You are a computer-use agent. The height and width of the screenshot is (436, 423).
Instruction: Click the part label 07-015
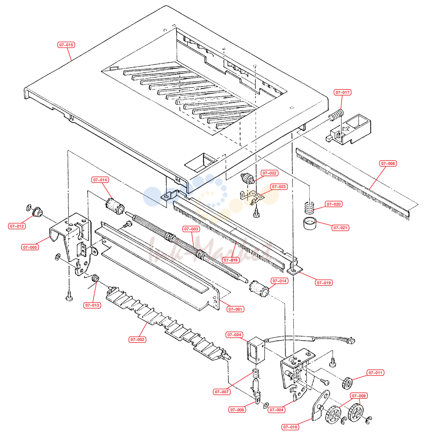(x=66, y=45)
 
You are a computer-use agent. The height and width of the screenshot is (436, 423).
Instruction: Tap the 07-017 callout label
(x=342, y=92)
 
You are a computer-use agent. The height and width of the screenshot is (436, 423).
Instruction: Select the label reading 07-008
(x=388, y=164)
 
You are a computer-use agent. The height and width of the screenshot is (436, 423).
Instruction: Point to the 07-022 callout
(x=269, y=173)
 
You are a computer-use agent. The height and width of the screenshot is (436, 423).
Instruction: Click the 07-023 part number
(x=279, y=186)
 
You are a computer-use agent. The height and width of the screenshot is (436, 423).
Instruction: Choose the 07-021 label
(x=340, y=228)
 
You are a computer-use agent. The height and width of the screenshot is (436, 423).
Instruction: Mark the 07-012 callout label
(x=17, y=226)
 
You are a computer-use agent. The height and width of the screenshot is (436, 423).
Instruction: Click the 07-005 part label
(x=30, y=247)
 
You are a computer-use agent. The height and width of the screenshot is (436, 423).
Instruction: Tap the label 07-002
(x=137, y=339)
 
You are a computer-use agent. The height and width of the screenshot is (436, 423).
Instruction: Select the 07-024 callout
(x=234, y=335)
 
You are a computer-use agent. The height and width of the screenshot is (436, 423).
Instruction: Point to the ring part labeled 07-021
(x=310, y=223)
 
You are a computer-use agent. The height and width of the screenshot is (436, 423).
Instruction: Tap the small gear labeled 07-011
(x=347, y=383)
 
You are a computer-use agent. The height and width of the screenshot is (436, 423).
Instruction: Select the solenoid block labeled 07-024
(x=256, y=350)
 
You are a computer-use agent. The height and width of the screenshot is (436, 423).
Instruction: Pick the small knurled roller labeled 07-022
(x=247, y=178)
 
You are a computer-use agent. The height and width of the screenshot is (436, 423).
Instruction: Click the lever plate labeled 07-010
(x=320, y=405)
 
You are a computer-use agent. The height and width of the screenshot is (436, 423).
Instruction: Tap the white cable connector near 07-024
(x=351, y=340)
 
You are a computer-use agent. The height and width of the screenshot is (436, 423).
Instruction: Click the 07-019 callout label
(x=323, y=283)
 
